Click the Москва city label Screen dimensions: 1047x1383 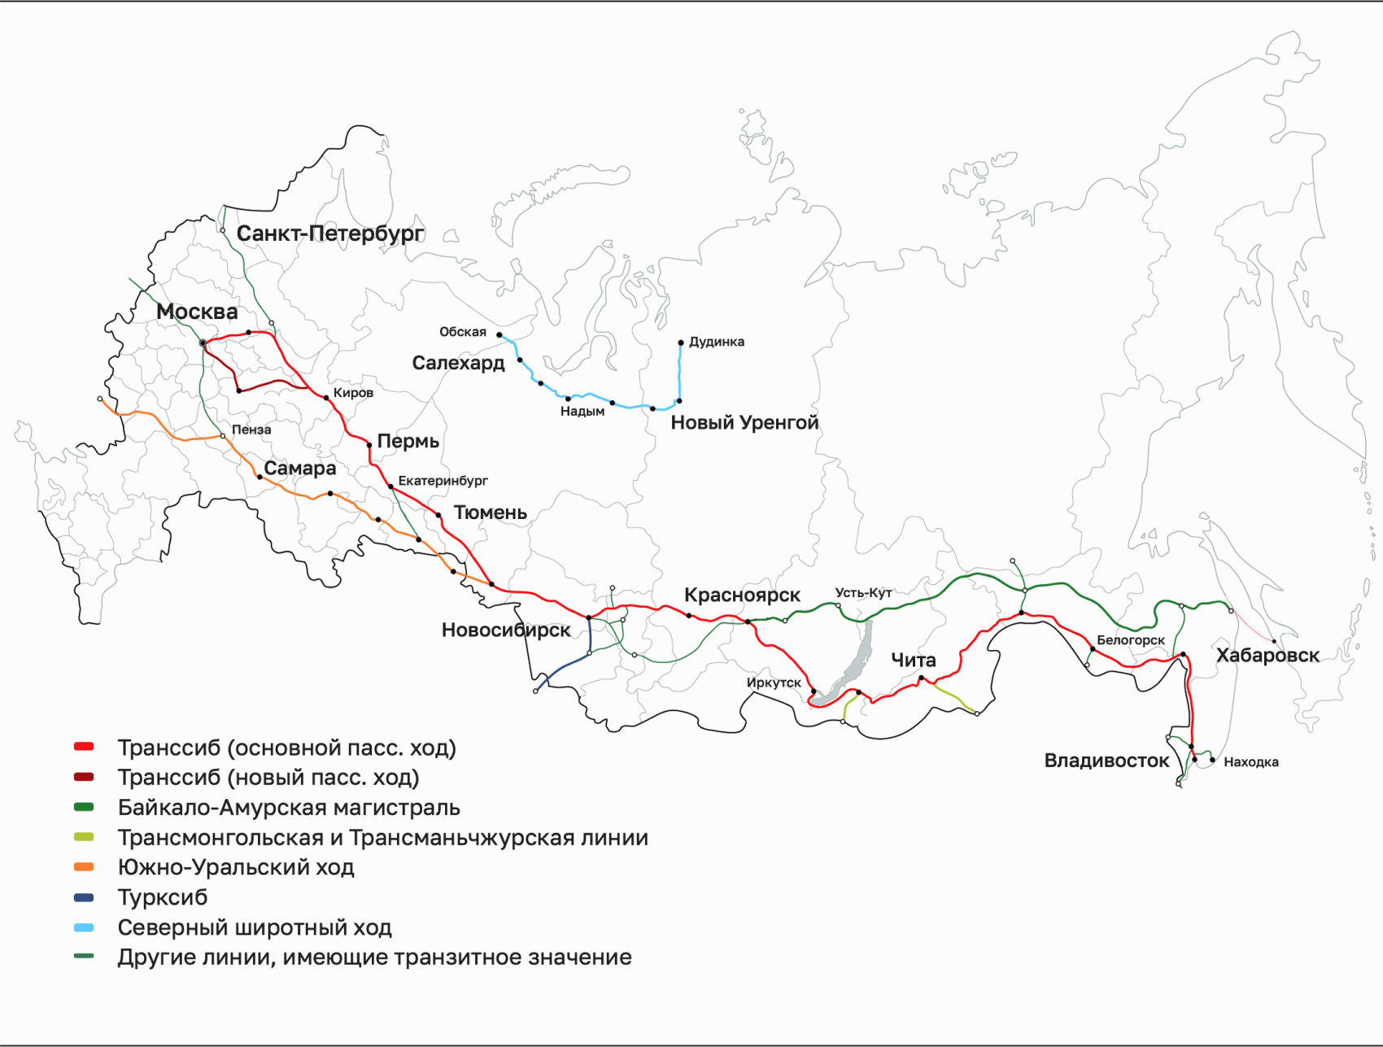[x=197, y=312]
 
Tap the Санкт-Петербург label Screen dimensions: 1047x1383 [x=329, y=233]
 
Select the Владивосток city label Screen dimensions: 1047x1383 [x=1106, y=761]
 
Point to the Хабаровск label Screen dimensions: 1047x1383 [x=1267, y=655]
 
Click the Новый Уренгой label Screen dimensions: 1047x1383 [x=744, y=422]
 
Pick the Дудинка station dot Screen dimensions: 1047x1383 [x=681, y=342]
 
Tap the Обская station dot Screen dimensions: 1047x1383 [x=500, y=334]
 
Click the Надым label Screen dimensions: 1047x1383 [x=582, y=412]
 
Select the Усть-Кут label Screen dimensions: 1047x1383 [x=863, y=592]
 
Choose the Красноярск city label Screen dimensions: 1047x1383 [x=742, y=595]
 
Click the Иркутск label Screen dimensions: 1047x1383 [x=774, y=683]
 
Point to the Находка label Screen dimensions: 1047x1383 [x=1250, y=762]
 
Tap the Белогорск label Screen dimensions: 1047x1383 [x=1130, y=640]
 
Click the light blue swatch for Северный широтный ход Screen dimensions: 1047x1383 [x=84, y=927]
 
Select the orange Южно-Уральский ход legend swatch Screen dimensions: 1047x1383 [x=84, y=867]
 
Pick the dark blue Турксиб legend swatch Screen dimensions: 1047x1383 [x=84, y=897]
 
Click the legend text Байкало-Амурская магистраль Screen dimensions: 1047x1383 [x=289, y=808]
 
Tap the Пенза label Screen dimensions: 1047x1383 [x=251, y=430]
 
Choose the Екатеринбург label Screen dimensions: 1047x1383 [x=443, y=481]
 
